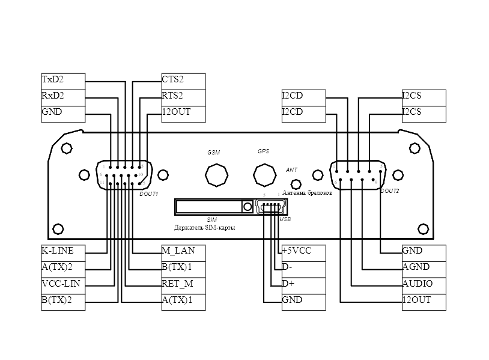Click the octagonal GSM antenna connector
point(216,175)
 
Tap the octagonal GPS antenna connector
point(264,174)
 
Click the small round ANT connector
point(295,185)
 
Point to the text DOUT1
point(148,194)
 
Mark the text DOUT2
point(389,191)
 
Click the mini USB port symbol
point(271,207)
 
